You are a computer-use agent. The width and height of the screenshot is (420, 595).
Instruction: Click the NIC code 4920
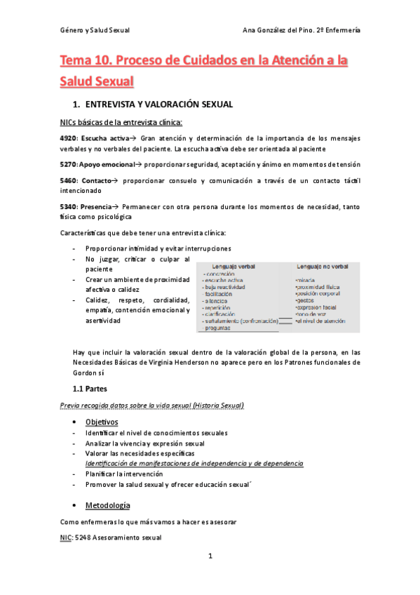[69, 139]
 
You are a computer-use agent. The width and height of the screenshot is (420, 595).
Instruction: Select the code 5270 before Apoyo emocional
[69, 164]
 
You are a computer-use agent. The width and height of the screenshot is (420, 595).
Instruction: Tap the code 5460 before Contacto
[69, 181]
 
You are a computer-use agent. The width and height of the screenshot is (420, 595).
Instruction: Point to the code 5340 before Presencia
[69, 206]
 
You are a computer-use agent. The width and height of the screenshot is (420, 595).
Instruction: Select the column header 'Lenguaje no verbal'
[323, 266]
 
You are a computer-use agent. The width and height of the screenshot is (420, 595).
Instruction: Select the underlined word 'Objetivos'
[102, 422]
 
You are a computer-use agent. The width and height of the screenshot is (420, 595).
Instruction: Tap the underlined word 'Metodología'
[107, 505]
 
